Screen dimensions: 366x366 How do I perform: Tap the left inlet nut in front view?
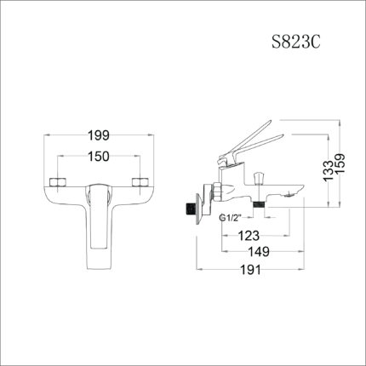[x=60, y=183]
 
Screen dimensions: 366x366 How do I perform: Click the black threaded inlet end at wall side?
[x=186, y=207]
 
